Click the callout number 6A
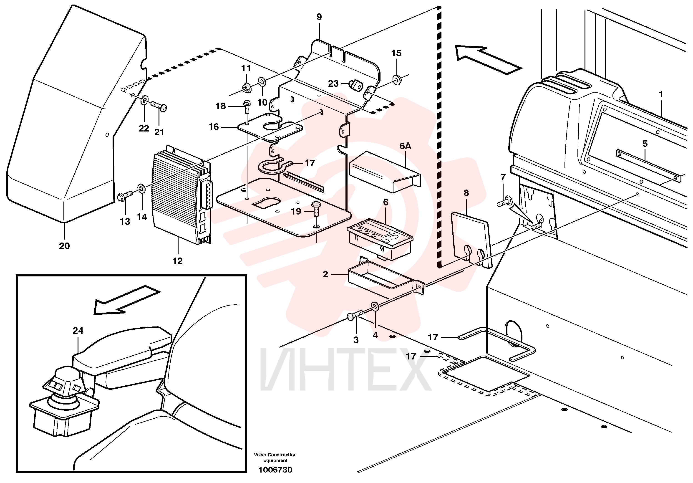point(405,146)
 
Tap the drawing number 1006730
point(275,470)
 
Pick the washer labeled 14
point(141,189)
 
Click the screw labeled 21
point(159,106)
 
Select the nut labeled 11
point(246,88)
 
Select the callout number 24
point(78,331)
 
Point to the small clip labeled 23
point(355,85)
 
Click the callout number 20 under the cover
point(64,246)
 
